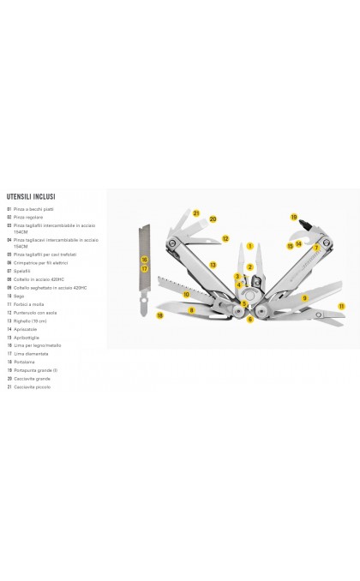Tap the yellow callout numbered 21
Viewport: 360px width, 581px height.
[195, 213]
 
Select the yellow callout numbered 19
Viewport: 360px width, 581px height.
[293, 218]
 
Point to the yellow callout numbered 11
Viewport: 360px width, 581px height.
[340, 305]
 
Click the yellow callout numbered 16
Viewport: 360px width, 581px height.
[145, 259]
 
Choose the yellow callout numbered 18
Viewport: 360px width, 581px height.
[159, 315]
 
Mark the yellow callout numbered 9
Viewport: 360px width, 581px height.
[304, 298]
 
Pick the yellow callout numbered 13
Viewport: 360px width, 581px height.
[212, 265]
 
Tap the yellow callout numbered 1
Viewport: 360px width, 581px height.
[249, 246]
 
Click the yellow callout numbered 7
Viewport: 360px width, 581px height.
[316, 248]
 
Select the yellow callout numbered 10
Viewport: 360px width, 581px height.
[186, 294]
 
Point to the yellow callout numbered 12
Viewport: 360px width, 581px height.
[225, 239]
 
